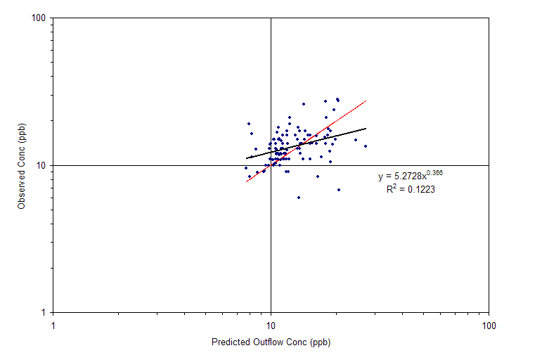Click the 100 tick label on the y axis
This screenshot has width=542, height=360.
(x=39, y=18)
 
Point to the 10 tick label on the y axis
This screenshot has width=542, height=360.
(x=41, y=166)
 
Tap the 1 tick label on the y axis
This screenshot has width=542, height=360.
(x=43, y=313)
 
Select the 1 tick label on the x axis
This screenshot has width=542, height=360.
(x=53, y=326)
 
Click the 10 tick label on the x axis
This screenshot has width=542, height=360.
(x=271, y=326)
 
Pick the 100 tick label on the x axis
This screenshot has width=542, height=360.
(x=489, y=326)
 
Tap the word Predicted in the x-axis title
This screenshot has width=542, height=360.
(x=231, y=342)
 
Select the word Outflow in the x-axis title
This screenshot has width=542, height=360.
(x=268, y=342)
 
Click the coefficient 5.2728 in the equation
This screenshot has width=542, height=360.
(x=408, y=176)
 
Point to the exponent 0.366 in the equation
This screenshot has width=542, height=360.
(x=434, y=172)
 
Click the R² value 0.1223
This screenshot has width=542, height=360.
(x=421, y=190)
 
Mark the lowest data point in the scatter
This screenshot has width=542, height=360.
(x=299, y=198)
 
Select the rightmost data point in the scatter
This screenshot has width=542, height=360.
(x=366, y=146)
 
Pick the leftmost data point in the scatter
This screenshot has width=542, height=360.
(x=246, y=168)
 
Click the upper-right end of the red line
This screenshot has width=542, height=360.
(x=366, y=101)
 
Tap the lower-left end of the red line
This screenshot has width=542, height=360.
(x=246, y=181)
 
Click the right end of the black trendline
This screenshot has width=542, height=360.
(x=366, y=128)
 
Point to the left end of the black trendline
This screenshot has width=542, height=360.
(x=246, y=158)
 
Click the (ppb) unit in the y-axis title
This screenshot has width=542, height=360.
(x=21, y=132)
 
